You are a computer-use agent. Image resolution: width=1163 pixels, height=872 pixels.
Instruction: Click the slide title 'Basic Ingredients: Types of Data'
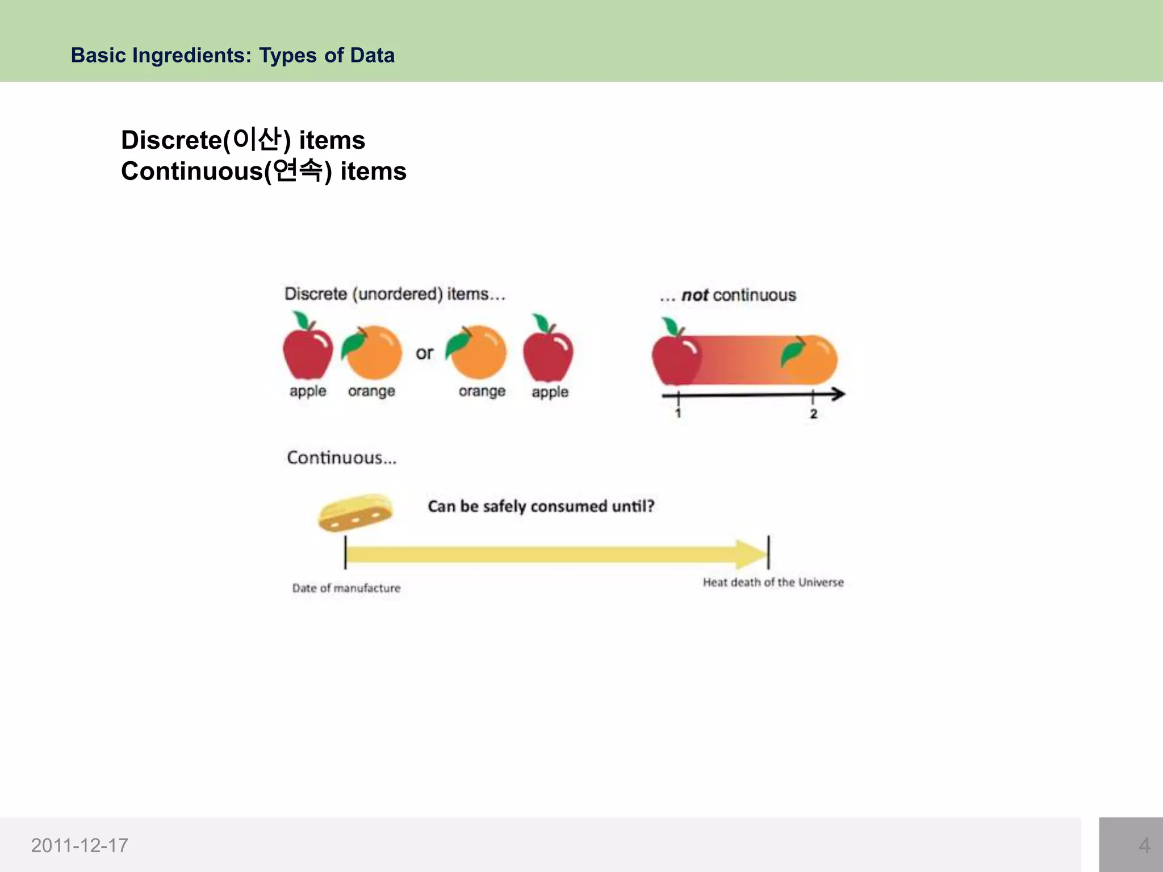tap(232, 55)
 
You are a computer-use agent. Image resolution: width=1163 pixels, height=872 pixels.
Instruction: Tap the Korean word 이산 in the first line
tap(257, 139)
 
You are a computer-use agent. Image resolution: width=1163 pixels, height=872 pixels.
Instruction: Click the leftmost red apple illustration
tap(308, 349)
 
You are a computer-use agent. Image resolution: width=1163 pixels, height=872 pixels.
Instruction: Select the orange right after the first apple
tap(372, 352)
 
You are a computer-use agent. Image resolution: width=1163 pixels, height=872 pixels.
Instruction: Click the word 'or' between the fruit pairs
tap(424, 353)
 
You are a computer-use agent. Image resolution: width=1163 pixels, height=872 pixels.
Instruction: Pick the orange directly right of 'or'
tap(477, 352)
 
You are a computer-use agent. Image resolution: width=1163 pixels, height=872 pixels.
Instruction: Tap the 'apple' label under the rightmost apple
tap(550, 392)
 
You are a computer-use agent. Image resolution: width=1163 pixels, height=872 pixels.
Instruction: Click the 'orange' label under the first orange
tap(371, 391)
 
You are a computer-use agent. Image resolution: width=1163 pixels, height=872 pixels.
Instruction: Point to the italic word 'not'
tap(694, 295)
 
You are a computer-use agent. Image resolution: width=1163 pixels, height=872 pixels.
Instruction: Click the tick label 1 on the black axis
tap(678, 413)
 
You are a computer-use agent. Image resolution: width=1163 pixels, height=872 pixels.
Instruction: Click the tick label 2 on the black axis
tap(813, 414)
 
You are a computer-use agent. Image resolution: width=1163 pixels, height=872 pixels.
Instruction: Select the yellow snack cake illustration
tap(355, 513)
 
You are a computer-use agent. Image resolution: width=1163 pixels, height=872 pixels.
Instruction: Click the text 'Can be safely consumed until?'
tap(541, 506)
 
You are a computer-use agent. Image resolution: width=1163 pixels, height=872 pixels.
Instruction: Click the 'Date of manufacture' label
tap(346, 588)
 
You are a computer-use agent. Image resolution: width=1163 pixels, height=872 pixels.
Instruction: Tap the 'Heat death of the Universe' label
tap(773, 582)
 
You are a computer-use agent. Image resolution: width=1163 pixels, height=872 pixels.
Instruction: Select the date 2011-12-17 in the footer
tap(80, 845)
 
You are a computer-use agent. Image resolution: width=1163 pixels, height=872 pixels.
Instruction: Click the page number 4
tap(1144, 845)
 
